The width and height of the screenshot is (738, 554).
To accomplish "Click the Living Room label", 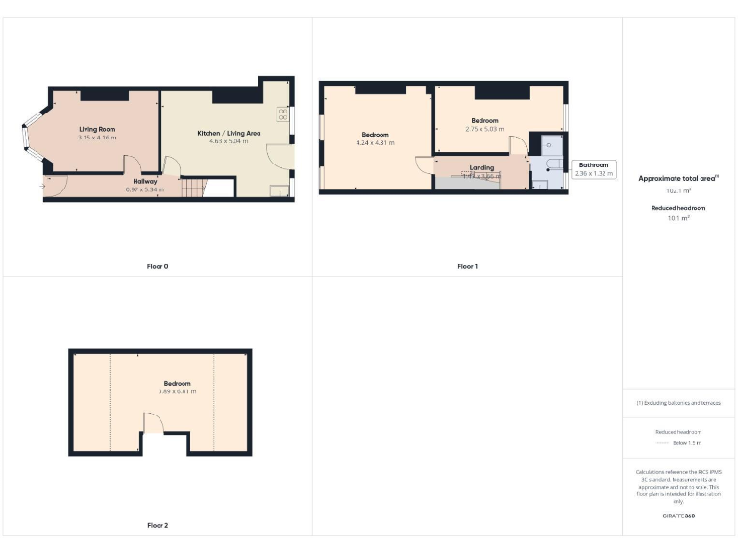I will point(97,129).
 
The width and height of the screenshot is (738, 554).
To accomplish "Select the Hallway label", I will point(145,181).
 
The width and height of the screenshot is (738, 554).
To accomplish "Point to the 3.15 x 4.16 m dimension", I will point(97,138).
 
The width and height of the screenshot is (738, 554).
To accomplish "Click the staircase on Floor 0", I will point(194,188).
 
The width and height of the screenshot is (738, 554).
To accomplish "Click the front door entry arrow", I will point(43,185).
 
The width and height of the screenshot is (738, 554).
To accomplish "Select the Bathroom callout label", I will point(593,165).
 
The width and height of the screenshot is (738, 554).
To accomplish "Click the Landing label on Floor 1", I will point(481,167).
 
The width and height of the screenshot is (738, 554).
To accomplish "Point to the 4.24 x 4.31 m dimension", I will point(375,142).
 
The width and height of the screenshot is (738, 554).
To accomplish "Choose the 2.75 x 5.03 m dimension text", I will point(484,129).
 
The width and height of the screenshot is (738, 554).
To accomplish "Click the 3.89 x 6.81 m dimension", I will point(177,391).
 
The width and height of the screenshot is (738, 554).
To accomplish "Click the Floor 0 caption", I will point(157,266).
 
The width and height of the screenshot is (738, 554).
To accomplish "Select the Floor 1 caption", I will point(467,266).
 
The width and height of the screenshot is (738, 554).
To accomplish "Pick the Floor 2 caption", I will point(157,525).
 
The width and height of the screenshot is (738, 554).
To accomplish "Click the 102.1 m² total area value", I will point(677,190).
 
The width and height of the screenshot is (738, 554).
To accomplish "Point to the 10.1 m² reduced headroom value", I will point(677,217).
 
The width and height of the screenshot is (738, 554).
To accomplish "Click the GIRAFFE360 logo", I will point(677,516).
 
